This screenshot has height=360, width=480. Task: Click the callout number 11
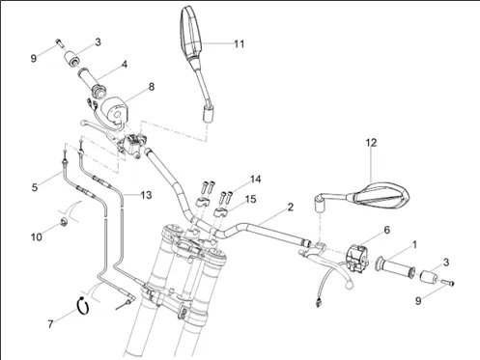pyautogui.click(x=240, y=43)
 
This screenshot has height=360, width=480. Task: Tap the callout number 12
pyautogui.click(x=371, y=143)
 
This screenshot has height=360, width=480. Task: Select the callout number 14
pyautogui.click(x=256, y=180)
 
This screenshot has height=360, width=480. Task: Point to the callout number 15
pyautogui.click(x=250, y=199)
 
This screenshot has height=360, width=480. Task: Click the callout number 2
pyautogui.click(x=291, y=207)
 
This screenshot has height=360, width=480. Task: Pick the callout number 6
pyautogui.click(x=387, y=230)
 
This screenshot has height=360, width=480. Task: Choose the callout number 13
pyautogui.click(x=146, y=195)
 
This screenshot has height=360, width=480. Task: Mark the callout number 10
pyautogui.click(x=37, y=237)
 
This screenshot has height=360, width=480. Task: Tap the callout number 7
pyautogui.click(x=50, y=324)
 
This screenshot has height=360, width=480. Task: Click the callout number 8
pyautogui.click(x=151, y=87)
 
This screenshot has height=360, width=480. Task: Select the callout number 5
pyautogui.click(x=35, y=187)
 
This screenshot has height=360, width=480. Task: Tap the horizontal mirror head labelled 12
pyautogui.click(x=380, y=195)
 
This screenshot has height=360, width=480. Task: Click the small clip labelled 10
pyautogui.click(x=64, y=221)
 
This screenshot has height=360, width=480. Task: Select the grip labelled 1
pyautogui.click(x=395, y=265)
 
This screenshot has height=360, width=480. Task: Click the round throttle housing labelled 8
pyautogui.click(x=115, y=110)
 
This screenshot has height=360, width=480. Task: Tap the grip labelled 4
pyautogui.click(x=91, y=82)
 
